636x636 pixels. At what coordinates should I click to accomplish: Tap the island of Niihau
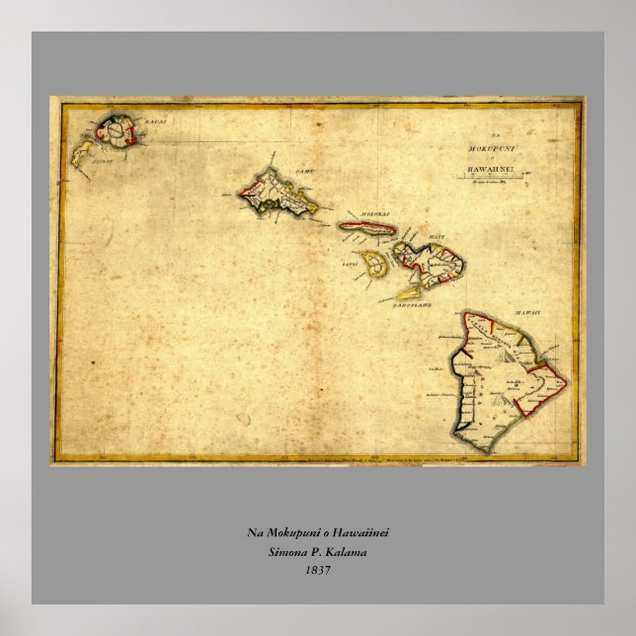(86, 150)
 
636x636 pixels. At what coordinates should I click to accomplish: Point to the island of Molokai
(366, 228)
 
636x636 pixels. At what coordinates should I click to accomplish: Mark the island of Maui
(430, 262)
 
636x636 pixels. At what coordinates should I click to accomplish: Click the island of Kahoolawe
(409, 292)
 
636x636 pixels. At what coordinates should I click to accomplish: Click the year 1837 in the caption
(318, 569)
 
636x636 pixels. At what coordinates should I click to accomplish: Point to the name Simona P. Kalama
(318, 551)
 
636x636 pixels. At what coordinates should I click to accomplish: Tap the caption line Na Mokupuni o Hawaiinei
(318, 533)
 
